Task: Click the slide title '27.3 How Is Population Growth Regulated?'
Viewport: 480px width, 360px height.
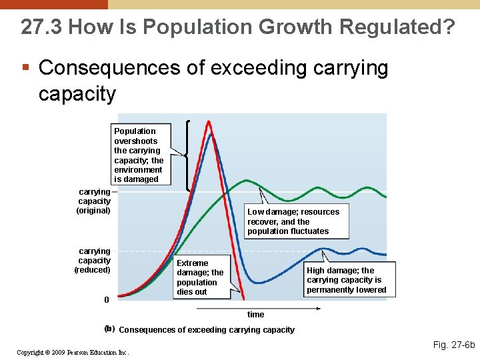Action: pyautogui.click(x=238, y=27)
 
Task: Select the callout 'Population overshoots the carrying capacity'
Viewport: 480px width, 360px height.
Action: pyautogui.click(x=139, y=155)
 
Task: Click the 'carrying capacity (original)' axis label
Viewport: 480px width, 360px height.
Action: pyautogui.click(x=94, y=201)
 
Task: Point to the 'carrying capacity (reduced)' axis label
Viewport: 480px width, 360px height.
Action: pyautogui.click(x=93, y=260)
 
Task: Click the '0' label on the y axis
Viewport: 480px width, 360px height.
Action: pyautogui.click(x=106, y=299)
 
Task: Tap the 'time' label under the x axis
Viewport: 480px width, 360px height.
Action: pyautogui.click(x=255, y=315)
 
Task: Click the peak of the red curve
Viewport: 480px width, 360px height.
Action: pyautogui.click(x=209, y=122)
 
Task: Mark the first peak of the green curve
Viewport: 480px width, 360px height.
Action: pyautogui.click(x=247, y=180)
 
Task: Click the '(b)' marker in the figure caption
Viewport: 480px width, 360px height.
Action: pyautogui.click(x=109, y=329)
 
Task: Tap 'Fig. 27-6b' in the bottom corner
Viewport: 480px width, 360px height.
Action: pyautogui.click(x=454, y=345)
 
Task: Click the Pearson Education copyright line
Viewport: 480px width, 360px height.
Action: pyautogui.click(x=73, y=352)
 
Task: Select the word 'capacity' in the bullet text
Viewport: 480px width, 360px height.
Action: pyautogui.click(x=77, y=93)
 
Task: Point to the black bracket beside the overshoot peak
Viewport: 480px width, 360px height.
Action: pyautogui.click(x=188, y=155)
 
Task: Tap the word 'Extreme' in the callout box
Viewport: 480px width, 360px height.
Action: pyautogui.click(x=193, y=263)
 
